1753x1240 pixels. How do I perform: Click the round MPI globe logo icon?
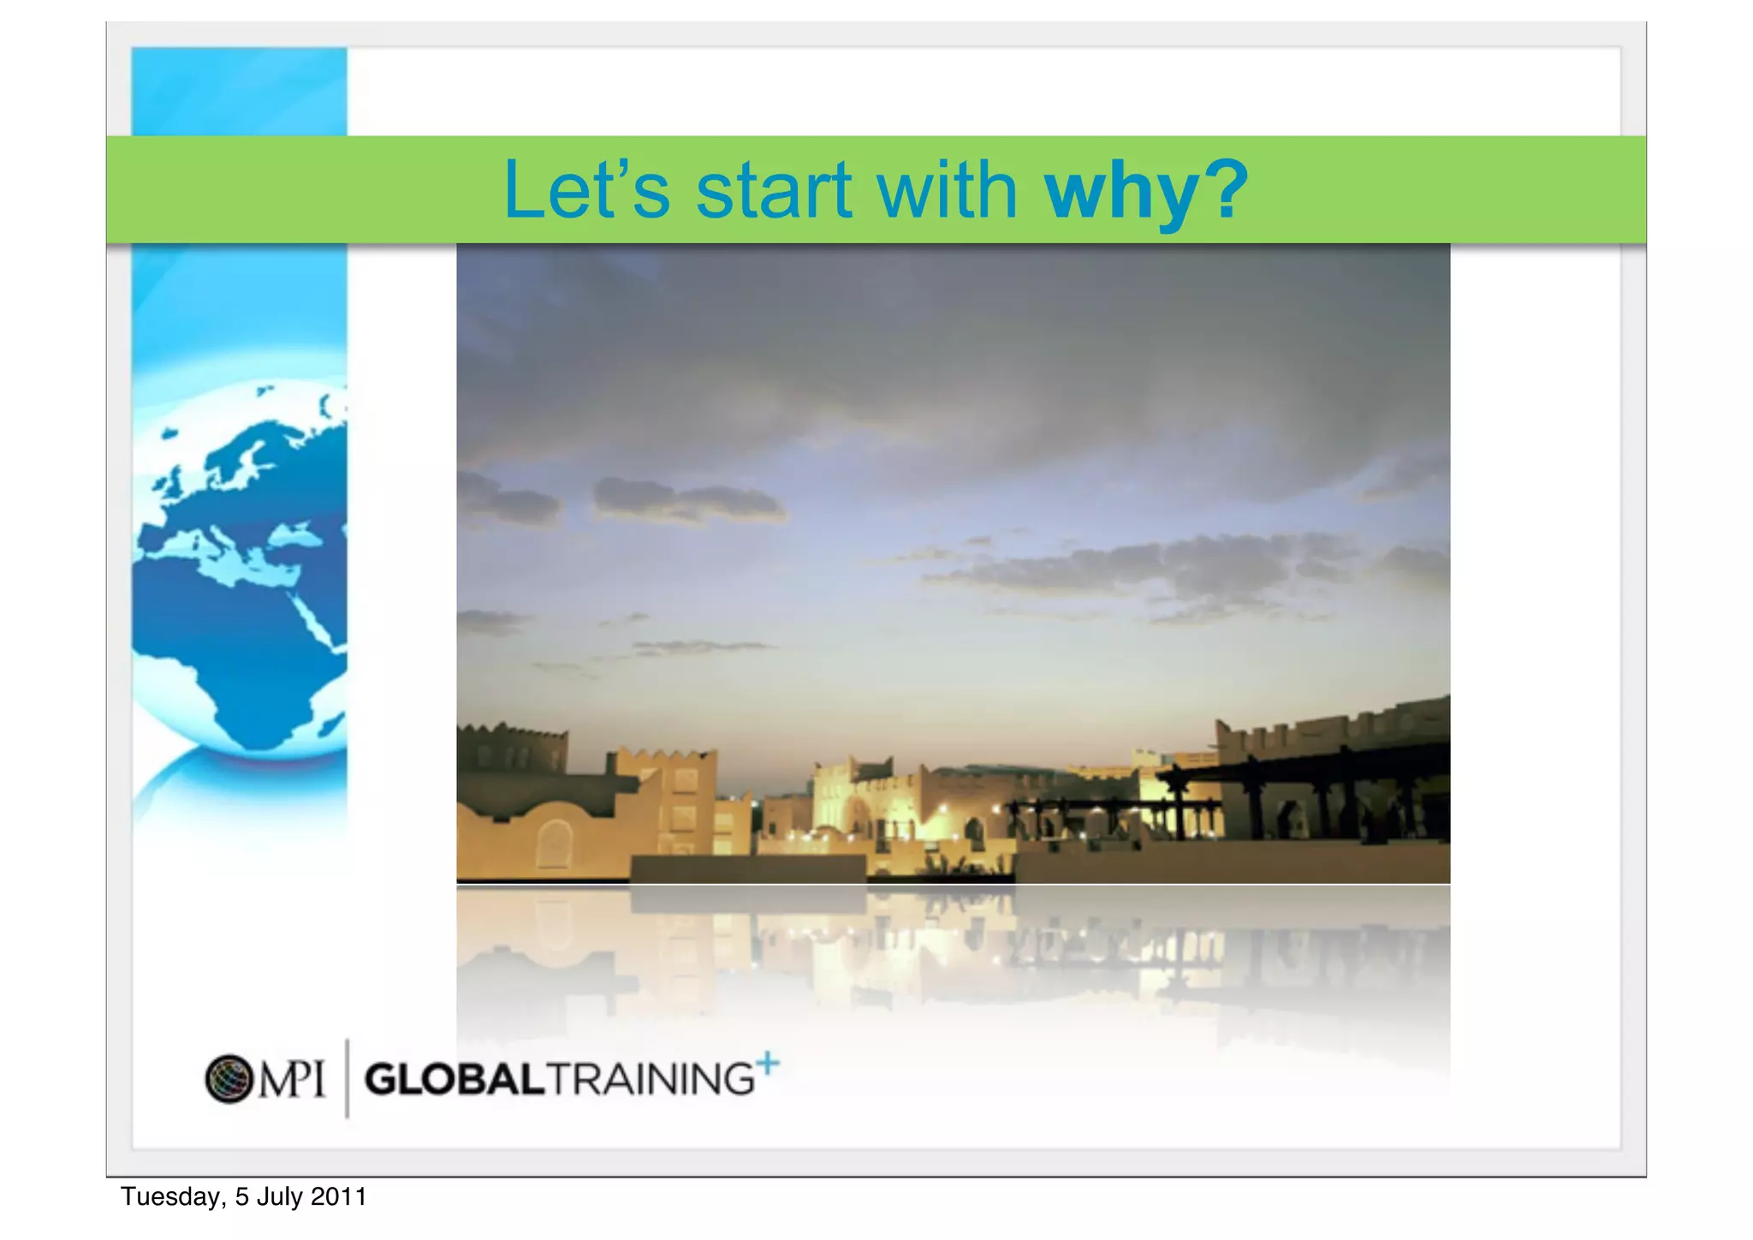point(229,1078)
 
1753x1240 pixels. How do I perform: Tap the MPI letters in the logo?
point(292,1079)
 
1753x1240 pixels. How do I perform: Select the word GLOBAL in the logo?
point(454,1079)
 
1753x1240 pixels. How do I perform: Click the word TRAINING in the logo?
point(651,1079)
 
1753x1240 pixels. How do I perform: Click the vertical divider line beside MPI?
point(347,1078)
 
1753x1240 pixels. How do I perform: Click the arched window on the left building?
point(554,843)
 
